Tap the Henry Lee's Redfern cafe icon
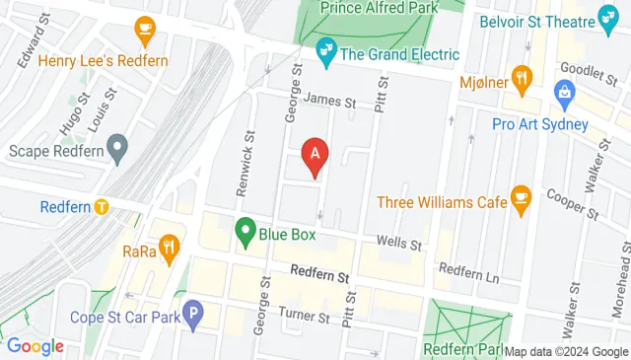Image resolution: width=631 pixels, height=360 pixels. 146,28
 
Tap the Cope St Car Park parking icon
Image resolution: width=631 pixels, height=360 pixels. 194,318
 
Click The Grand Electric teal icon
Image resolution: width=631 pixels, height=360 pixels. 324,49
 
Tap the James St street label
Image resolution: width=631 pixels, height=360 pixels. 328,99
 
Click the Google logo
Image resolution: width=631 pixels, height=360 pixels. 35,346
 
